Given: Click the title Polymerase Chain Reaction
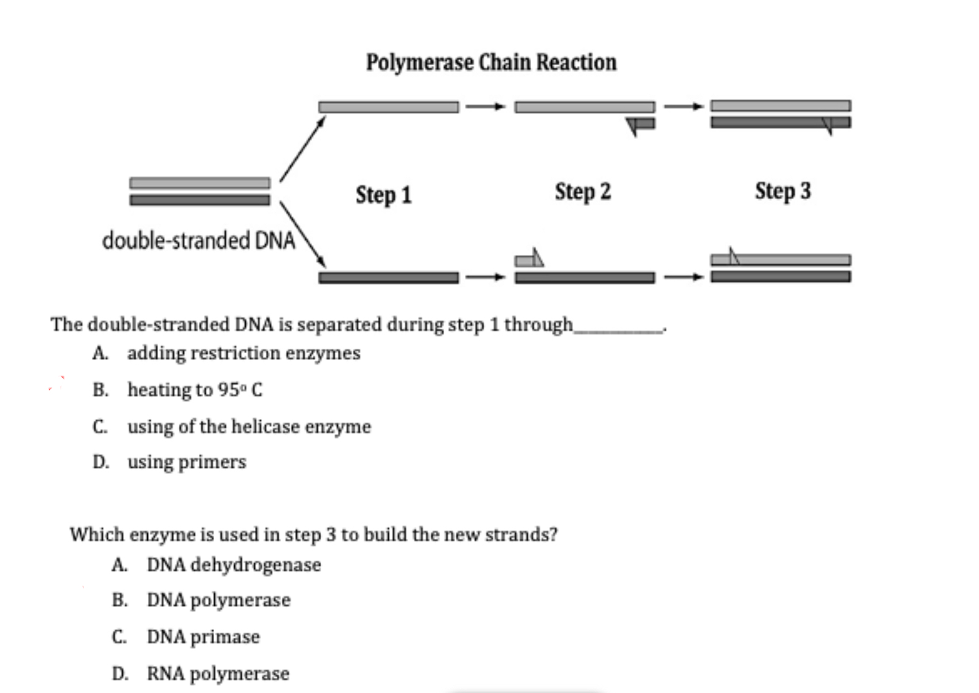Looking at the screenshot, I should [491, 62].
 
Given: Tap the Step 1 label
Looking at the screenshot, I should [383, 195].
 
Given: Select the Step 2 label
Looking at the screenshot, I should [582, 192].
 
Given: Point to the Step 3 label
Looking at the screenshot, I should [782, 191].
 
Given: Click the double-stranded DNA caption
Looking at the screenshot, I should [198, 241].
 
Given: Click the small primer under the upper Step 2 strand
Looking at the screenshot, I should [642, 124].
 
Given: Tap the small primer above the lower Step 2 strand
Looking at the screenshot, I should [528, 260].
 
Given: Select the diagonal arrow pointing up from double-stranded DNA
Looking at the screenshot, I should [302, 149].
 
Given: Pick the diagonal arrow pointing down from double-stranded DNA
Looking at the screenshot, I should [302, 234].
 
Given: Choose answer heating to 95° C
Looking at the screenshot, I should [195, 390].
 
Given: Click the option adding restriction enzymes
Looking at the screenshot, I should [243, 353].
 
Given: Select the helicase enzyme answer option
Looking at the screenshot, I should [249, 426].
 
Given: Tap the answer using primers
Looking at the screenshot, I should [187, 462].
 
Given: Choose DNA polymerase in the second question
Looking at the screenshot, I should [218, 600].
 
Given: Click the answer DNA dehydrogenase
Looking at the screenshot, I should [234, 565].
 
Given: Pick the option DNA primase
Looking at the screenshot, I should [203, 637].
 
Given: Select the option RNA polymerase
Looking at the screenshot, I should [218, 674].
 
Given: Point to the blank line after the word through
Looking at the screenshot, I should [619, 330].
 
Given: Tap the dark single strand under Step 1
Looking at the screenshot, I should [388, 278].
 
